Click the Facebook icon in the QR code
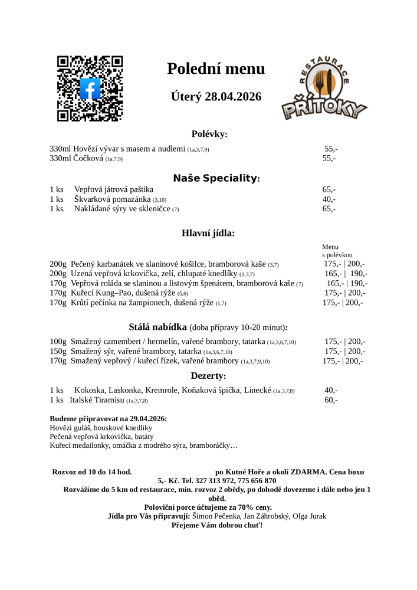pyautogui.click(x=90, y=88)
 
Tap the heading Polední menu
pyautogui.click(x=216, y=69)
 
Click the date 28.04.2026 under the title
pyautogui.click(x=233, y=97)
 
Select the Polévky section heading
pyautogui.click(x=209, y=135)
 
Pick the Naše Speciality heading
pyautogui.click(x=216, y=178)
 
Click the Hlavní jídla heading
pyautogui.click(x=208, y=233)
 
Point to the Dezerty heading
pyautogui.click(x=208, y=376)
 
